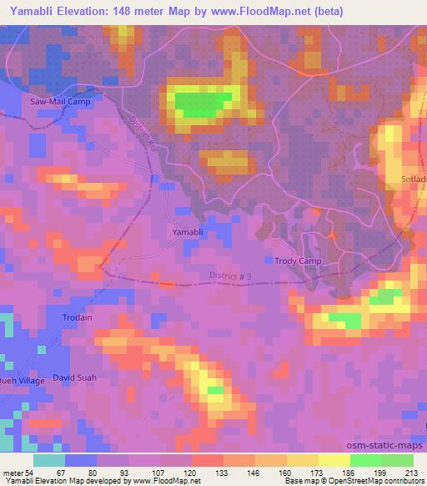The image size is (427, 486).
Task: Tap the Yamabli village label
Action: (184, 231)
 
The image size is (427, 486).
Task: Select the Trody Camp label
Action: (298, 261)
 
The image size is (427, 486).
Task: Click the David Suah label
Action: (76, 377)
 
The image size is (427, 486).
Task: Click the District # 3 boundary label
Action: (229, 277)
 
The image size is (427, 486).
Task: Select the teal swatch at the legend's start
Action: (49, 461)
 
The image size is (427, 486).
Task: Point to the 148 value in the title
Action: (135, 12)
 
